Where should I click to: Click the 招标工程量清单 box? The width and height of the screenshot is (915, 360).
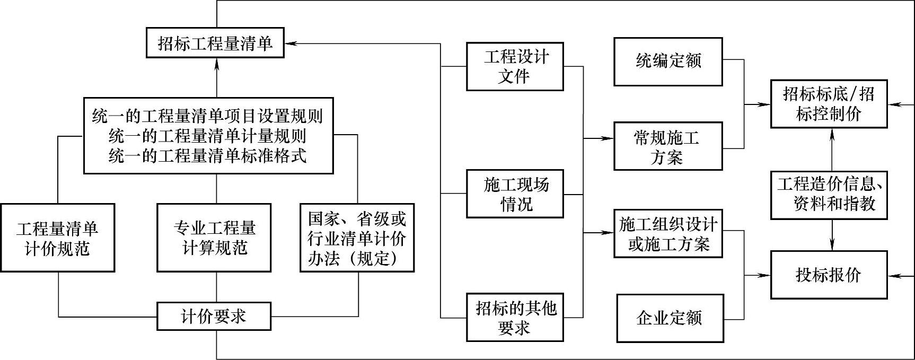pyautogui.click(x=215, y=43)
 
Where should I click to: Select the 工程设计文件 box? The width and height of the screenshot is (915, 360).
pyautogui.click(x=515, y=66)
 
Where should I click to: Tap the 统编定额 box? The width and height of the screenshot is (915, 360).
pyautogui.click(x=668, y=62)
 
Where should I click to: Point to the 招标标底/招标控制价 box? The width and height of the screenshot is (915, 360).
pyautogui.click(x=829, y=104)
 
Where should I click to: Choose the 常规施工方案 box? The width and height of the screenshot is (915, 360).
pyautogui.click(x=668, y=146)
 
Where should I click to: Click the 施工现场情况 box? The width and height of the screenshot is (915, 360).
pyautogui.click(x=515, y=194)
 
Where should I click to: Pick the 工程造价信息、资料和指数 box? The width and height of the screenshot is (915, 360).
pyautogui.click(x=829, y=195)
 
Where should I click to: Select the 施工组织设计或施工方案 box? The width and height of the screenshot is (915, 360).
pyautogui.click(x=668, y=234)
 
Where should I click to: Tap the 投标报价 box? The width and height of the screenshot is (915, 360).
pyautogui.click(x=829, y=275)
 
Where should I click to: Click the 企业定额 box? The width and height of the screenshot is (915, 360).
pyautogui.click(x=670, y=318)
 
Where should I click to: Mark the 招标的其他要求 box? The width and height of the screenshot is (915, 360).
pyautogui.click(x=515, y=317)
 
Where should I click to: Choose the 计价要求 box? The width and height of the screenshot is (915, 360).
pyautogui.click(x=214, y=317)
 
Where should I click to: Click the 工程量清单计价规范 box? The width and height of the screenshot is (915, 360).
pyautogui.click(x=57, y=238)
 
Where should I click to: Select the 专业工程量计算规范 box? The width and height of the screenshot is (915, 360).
pyautogui.click(x=215, y=238)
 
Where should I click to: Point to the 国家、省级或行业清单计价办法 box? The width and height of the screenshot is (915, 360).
pyautogui.click(x=357, y=238)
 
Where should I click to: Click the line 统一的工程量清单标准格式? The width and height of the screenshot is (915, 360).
pyautogui.click(x=207, y=155)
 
